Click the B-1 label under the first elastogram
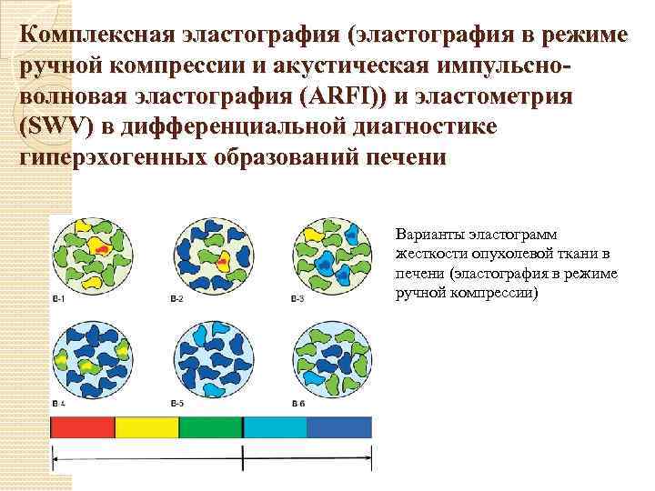[57, 300]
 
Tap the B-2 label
[176, 300]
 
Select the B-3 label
[297, 300]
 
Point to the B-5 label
[176, 403]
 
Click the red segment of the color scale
[83, 428]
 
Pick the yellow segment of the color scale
[147, 428]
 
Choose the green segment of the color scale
[211, 428]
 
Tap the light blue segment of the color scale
[275, 428]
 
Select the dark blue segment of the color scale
[339, 428]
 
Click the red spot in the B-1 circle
[102, 248]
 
